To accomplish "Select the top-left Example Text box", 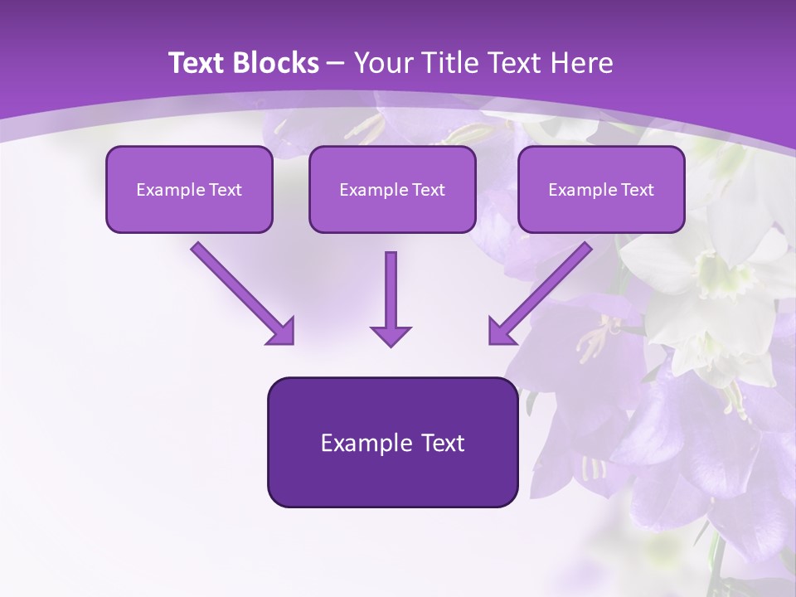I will click(189, 189).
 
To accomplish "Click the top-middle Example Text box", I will click(392, 189).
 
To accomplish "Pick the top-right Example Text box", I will click(601, 189).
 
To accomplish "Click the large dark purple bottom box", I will click(392, 442).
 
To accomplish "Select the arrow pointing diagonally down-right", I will click(240, 292).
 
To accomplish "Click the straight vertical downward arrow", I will click(391, 294).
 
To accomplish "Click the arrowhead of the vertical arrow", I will click(391, 336).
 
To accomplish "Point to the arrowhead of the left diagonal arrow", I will click(282, 332).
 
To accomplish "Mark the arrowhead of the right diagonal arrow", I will click(501, 331).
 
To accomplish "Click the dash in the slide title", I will click(335, 64).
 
